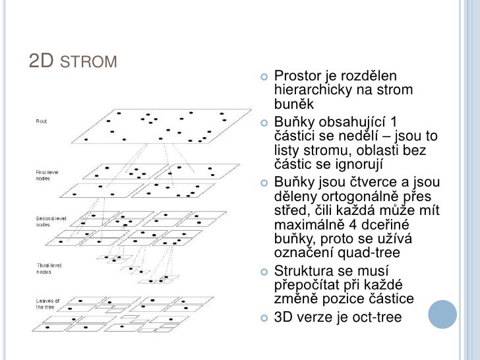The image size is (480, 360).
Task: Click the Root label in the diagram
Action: pyautogui.click(x=41, y=121)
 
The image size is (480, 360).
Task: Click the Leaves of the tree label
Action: pyautogui.click(x=48, y=304)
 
